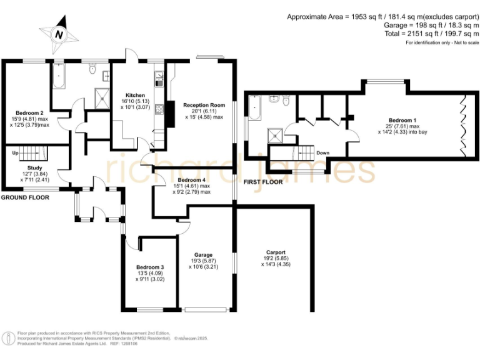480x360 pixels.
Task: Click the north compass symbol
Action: [x=58, y=34]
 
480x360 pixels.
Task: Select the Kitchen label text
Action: [x=136, y=95]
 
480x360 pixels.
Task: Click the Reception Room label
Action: [x=204, y=105]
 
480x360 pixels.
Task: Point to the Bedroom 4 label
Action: [x=191, y=179]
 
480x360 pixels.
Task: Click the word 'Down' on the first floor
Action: [x=323, y=152]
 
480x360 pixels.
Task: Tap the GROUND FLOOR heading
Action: [x=25, y=197]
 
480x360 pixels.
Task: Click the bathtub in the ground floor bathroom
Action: [x=58, y=78]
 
